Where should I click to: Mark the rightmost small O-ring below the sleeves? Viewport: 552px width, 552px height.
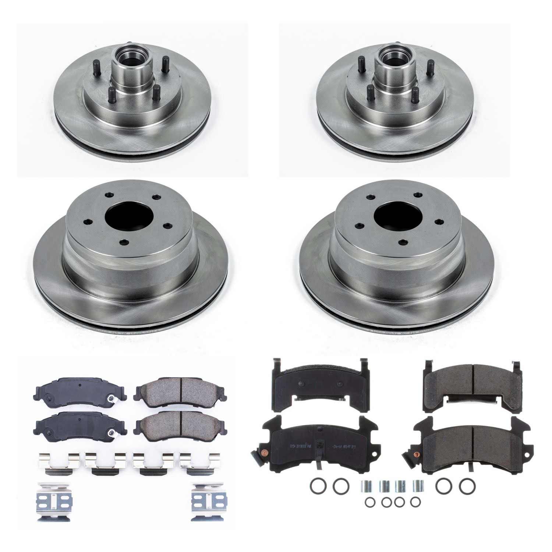tap(415, 502)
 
